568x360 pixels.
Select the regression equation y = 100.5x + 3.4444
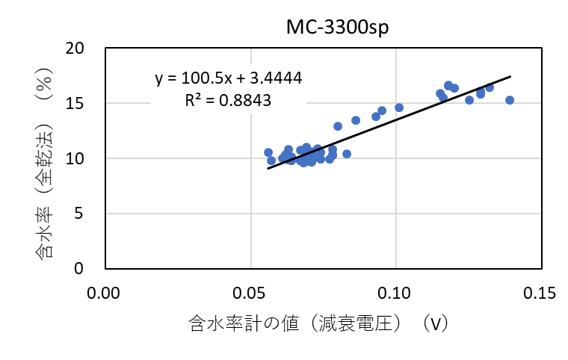coord(229,78)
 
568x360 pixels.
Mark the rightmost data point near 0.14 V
coord(510,100)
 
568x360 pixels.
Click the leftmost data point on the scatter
coord(268,152)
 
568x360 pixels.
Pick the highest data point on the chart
coord(448,86)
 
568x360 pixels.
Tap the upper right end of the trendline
coord(510,76)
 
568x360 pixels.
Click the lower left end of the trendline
coord(268,168)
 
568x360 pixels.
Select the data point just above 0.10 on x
coord(399,108)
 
